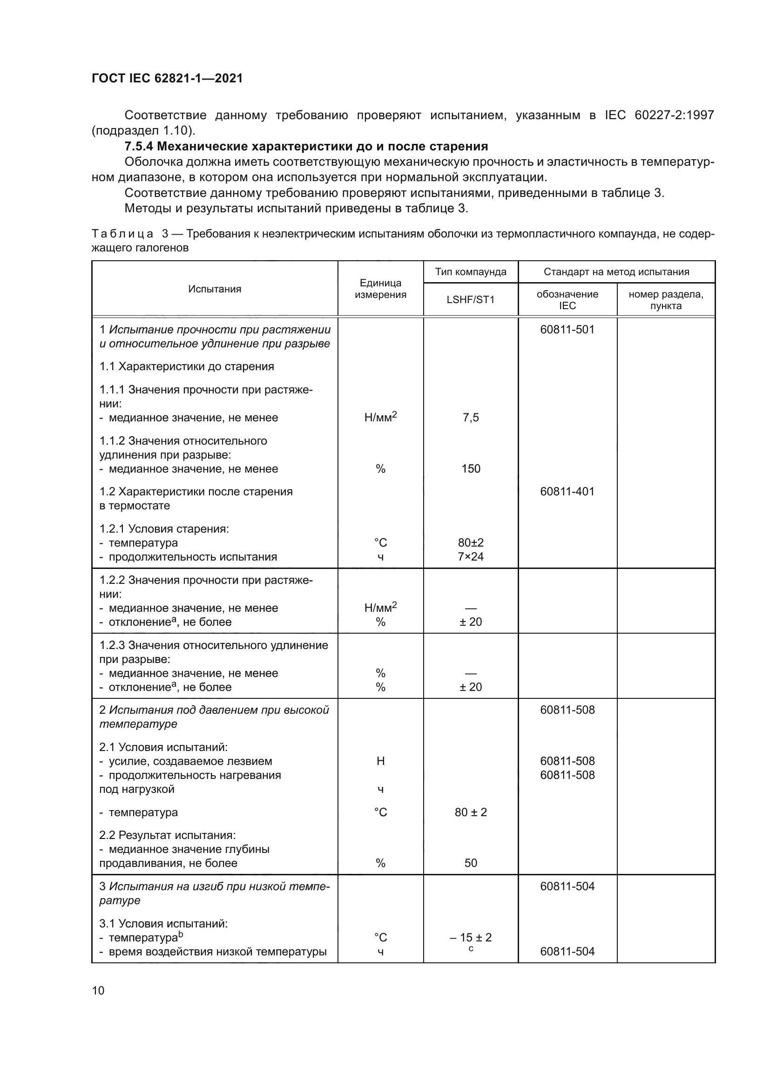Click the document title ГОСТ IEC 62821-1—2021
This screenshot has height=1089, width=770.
tap(167, 78)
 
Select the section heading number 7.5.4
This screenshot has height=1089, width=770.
tap(138, 146)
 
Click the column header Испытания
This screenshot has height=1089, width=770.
tap(214, 289)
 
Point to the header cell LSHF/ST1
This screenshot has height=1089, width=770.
tap(470, 300)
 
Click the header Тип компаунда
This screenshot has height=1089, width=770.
tap(470, 272)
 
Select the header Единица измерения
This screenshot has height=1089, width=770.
tap(380, 289)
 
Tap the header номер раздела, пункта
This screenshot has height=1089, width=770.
tap(666, 300)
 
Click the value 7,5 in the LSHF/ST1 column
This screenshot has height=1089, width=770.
tap(470, 417)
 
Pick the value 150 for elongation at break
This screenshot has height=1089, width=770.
tap(470, 469)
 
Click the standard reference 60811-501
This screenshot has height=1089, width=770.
tap(567, 330)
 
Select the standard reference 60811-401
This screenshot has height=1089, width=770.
tap(567, 491)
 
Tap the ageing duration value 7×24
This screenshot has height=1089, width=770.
tap(470, 556)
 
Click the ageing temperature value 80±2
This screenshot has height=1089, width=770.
tap(470, 542)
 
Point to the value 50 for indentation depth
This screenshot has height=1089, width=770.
tap(470, 863)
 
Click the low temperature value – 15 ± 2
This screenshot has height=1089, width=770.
tap(470, 937)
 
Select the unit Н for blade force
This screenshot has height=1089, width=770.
tap(380, 761)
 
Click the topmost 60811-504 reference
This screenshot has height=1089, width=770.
tap(567, 886)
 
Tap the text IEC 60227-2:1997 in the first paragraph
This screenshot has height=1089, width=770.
tap(659, 115)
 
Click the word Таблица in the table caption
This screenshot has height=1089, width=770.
tap(122, 234)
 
